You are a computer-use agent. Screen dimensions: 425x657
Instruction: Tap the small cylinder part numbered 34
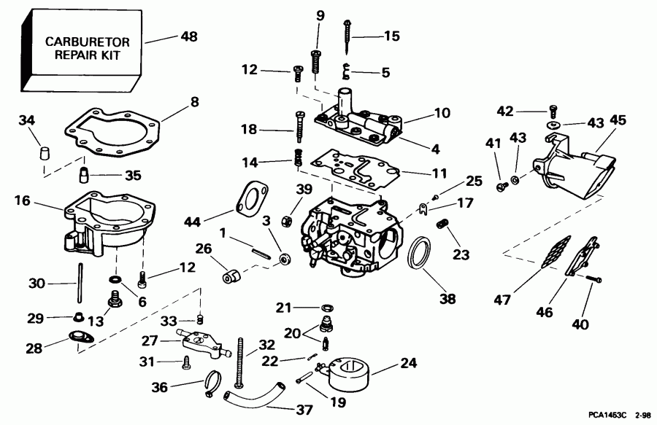44,153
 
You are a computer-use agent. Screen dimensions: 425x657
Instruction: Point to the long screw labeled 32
238,364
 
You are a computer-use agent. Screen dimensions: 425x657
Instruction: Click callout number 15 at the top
391,35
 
